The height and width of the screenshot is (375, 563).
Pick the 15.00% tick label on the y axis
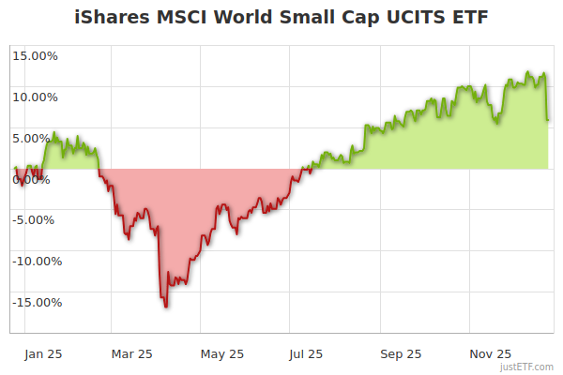tap(35, 55)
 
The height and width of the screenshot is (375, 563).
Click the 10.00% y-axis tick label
tap(35, 97)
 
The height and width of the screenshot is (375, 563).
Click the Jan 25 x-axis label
tap(42, 353)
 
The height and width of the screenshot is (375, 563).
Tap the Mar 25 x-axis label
tap(131, 353)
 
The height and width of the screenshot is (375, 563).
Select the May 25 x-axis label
tap(222, 353)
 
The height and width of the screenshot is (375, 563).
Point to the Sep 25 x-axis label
tap(401, 353)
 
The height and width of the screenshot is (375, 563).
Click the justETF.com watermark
tap(526, 367)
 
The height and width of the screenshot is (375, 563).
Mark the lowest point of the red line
tap(166, 307)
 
